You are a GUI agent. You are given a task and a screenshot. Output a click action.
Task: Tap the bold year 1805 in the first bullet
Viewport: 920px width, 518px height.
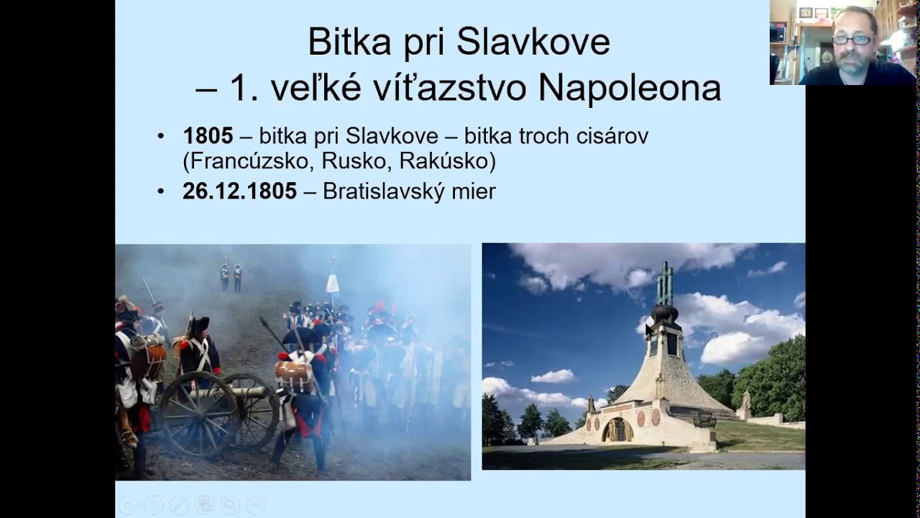(x=208, y=135)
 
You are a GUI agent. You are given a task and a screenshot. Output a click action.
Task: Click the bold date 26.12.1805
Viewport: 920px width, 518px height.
(x=239, y=191)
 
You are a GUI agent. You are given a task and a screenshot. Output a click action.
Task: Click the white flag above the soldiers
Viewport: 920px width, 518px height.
(x=333, y=283)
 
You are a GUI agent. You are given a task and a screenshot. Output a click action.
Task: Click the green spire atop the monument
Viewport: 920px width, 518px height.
(x=665, y=283)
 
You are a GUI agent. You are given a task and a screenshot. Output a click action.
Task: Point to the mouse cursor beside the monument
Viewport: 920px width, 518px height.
(x=648, y=330)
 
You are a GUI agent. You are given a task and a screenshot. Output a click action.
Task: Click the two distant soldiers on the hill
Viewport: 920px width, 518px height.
(x=231, y=277)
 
